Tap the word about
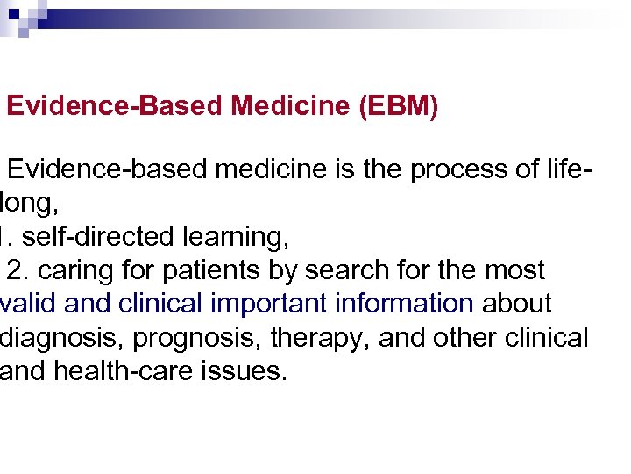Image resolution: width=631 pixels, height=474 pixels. point(517,304)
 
